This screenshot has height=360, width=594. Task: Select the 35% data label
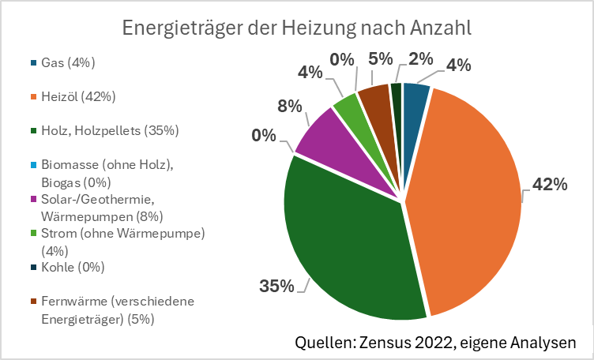(x=276, y=285)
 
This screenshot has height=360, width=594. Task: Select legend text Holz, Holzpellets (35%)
(x=110, y=130)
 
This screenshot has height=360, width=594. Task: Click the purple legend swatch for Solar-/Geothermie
(x=33, y=198)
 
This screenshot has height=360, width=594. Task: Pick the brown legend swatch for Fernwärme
(x=33, y=302)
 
